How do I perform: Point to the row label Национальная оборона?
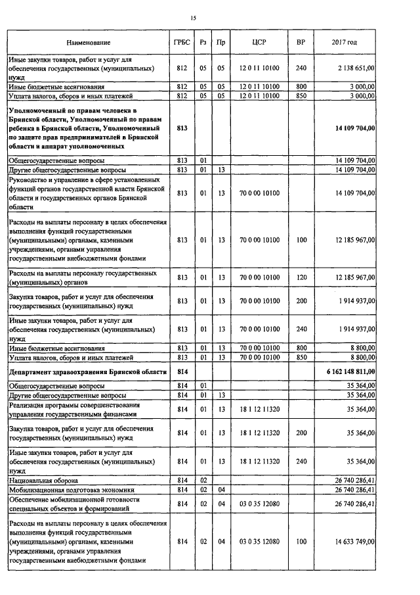(40, 481)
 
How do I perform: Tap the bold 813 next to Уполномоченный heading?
(182, 128)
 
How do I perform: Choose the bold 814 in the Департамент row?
(182, 372)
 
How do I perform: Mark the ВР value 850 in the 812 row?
(301, 95)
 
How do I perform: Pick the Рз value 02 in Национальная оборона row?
(203, 481)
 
